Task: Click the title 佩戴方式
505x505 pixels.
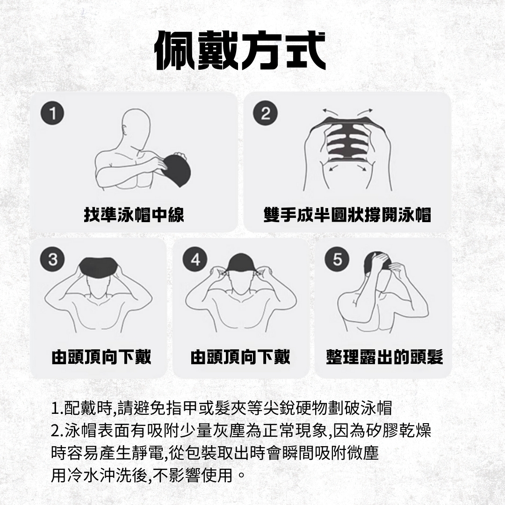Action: point(240,50)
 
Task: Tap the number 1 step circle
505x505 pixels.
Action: point(52,113)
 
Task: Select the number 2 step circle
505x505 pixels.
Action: point(266,113)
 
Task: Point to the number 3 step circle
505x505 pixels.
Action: point(52,259)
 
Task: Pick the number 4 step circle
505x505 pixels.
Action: point(195,259)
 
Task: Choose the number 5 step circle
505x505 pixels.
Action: point(337,259)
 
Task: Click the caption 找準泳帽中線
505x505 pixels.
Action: point(134,215)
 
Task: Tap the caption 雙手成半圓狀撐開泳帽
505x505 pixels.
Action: point(347,215)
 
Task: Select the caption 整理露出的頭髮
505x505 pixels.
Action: point(384,357)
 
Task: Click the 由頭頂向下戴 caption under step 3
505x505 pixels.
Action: point(101,357)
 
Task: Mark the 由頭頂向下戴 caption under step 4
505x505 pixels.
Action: point(240,357)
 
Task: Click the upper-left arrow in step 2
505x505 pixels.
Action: point(331,112)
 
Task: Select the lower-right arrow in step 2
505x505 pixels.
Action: point(361,168)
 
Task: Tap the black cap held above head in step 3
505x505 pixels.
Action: point(98,267)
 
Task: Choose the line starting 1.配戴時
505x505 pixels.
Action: point(222,408)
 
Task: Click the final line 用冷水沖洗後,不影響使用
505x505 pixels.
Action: point(148,475)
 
